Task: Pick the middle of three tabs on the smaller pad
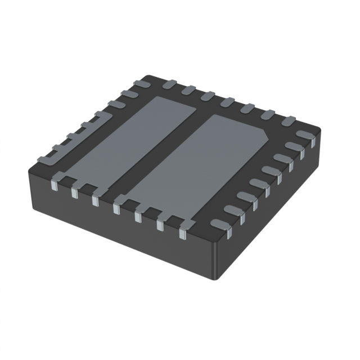[x=75, y=188]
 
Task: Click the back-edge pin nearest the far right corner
[x=288, y=120]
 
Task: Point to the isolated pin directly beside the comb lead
[x=117, y=104]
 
